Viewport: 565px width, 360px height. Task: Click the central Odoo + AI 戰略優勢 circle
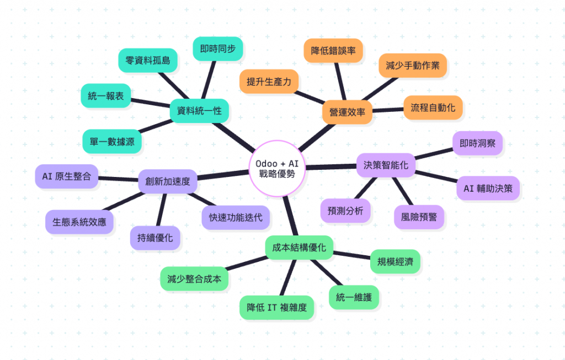pyautogui.click(x=277, y=168)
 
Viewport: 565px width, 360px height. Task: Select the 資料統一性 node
pyautogui.click(x=199, y=111)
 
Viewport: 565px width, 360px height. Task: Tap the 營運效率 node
pyautogui.click(x=347, y=111)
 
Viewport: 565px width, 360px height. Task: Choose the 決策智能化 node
pyautogui.click(x=386, y=164)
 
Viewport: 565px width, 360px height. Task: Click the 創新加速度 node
pyautogui.click(x=168, y=181)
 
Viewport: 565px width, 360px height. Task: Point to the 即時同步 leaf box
pyautogui.click(x=217, y=49)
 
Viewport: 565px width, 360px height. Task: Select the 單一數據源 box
pyautogui.click(x=112, y=142)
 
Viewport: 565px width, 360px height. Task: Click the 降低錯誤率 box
pyautogui.click(x=333, y=51)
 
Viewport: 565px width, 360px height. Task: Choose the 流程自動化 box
pyautogui.click(x=433, y=108)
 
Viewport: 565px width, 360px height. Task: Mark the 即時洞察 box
pyautogui.click(x=477, y=143)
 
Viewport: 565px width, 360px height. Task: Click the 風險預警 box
pyautogui.click(x=419, y=217)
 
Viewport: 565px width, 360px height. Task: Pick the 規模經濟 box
pyautogui.click(x=395, y=261)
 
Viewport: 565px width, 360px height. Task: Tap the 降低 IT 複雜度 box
pyautogui.click(x=276, y=307)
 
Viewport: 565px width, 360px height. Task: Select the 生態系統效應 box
pyautogui.click(x=79, y=222)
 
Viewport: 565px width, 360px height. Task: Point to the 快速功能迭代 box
pyautogui.click(x=236, y=217)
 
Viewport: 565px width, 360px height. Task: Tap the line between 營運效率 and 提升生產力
pyautogui.click(x=311, y=96)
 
